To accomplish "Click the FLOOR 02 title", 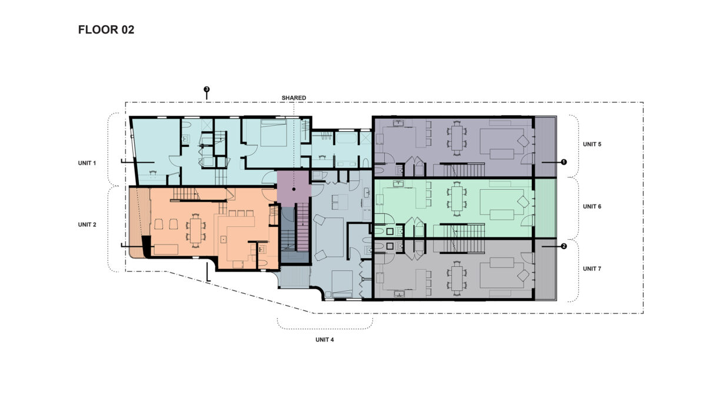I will pos(106,30).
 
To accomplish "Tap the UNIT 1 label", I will pos(86,163).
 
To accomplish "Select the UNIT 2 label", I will pos(86,225).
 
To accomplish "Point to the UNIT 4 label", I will pos(324,340).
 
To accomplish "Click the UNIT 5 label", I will pos(592,144).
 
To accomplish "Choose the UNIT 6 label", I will pos(592,207).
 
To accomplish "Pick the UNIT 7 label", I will pos(592,269).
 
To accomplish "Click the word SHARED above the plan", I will pos(294,98).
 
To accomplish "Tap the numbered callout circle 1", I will pos(564,162).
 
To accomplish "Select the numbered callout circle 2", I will pos(564,247).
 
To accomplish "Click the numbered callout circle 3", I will pos(206,89).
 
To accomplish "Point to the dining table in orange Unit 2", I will pos(195,228).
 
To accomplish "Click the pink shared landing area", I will pos(294,187).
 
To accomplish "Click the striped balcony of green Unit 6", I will pos(546,207).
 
